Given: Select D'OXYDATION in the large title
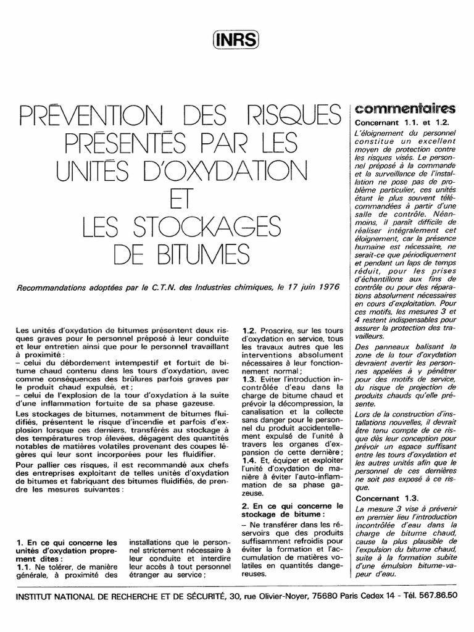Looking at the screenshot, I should (x=237, y=167).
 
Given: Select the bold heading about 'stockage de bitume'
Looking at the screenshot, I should (x=283, y=510).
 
